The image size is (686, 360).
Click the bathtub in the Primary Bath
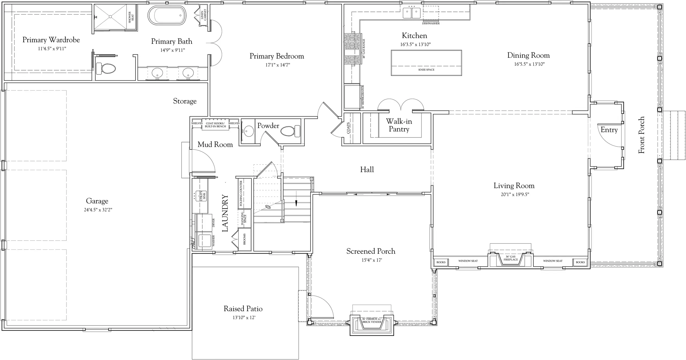[x=167, y=16]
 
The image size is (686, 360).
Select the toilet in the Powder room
[x=290, y=131]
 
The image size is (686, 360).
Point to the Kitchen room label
[x=414, y=36]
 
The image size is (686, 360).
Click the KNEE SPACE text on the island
[x=426, y=70]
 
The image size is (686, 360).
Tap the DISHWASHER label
[x=431, y=23]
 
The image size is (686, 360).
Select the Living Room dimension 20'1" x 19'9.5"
[x=515, y=194]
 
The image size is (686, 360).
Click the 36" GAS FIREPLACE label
[x=510, y=258]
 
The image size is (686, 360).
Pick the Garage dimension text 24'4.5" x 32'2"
[x=98, y=210]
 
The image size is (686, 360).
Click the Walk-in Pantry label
[x=399, y=125]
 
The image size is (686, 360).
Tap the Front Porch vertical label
[x=641, y=135]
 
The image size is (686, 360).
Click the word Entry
[x=609, y=130]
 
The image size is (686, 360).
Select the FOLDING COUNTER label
[x=241, y=193]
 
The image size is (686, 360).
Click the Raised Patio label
[x=243, y=309]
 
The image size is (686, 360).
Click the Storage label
[x=185, y=101]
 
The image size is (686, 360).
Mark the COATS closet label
[x=348, y=128]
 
